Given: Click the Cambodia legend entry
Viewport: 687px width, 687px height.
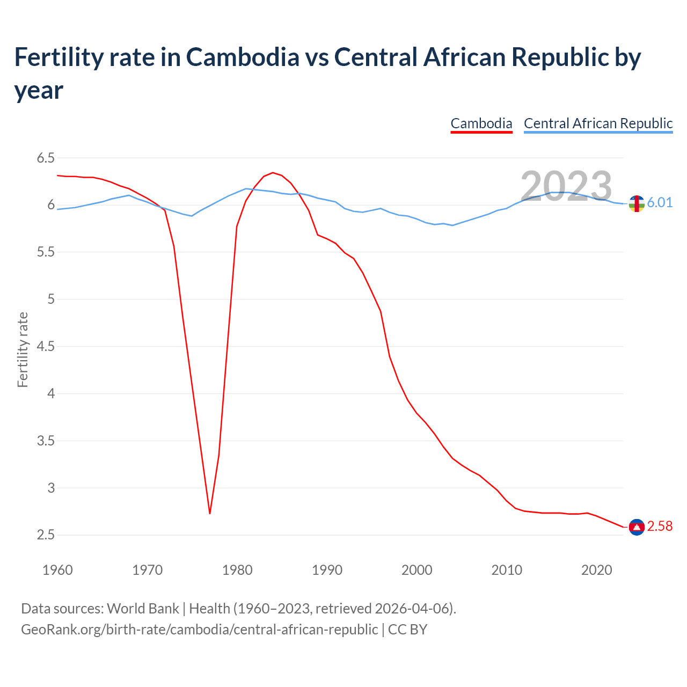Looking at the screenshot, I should (x=481, y=123).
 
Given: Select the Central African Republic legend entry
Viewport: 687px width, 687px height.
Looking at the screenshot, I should (x=598, y=123).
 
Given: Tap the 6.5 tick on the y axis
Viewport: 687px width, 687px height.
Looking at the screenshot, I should (x=46, y=158).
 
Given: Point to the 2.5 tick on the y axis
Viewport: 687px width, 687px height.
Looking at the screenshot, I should (x=46, y=535).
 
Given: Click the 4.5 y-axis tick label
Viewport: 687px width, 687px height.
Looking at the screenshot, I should (x=46, y=347).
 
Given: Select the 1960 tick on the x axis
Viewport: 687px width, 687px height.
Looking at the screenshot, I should (x=57, y=570).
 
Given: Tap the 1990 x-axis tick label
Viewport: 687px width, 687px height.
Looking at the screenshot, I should (x=327, y=570).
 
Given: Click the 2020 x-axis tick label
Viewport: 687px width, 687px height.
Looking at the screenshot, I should (x=596, y=570).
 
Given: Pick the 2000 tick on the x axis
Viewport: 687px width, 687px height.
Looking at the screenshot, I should (x=416, y=570).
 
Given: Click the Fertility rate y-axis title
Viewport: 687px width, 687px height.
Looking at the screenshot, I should (x=23, y=349).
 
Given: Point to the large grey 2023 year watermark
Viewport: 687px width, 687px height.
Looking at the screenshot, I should (x=566, y=187).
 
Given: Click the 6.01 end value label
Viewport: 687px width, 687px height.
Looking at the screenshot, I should (x=660, y=202).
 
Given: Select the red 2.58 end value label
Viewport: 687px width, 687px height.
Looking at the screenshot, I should (x=660, y=527).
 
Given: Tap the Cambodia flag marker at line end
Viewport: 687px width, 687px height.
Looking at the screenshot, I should (x=637, y=528).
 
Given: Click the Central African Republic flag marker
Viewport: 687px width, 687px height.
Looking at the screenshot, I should (x=637, y=203).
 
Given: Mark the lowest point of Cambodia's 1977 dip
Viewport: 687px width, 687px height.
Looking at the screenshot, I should (x=210, y=513).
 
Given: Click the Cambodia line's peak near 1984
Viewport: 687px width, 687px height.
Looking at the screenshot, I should (x=273, y=172).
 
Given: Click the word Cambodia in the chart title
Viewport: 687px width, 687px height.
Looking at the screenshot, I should (x=243, y=57).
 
